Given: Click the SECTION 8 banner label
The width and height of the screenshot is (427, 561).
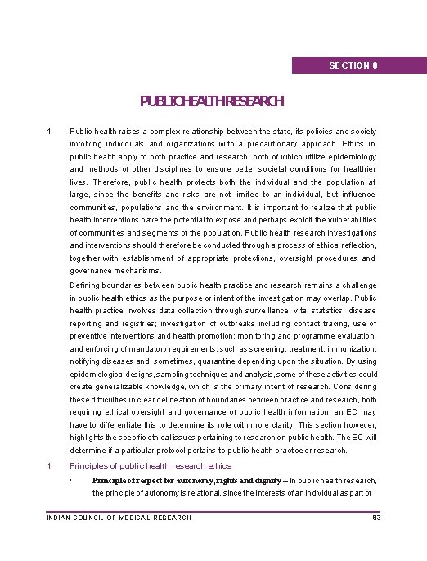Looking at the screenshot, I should pyautogui.click(x=353, y=65).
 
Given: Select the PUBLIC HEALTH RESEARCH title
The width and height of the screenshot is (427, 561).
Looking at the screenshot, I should pyautogui.click(x=212, y=101).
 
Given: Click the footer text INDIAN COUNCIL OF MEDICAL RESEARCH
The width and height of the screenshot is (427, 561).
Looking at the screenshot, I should pyautogui.click(x=119, y=518).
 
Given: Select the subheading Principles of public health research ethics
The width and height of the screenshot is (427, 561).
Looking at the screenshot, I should pyautogui.click(x=151, y=465).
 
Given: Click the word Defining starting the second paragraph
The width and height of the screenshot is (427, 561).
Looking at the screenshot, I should pyautogui.click(x=86, y=285).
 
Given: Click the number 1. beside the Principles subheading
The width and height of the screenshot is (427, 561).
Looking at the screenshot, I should pyautogui.click(x=51, y=465).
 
